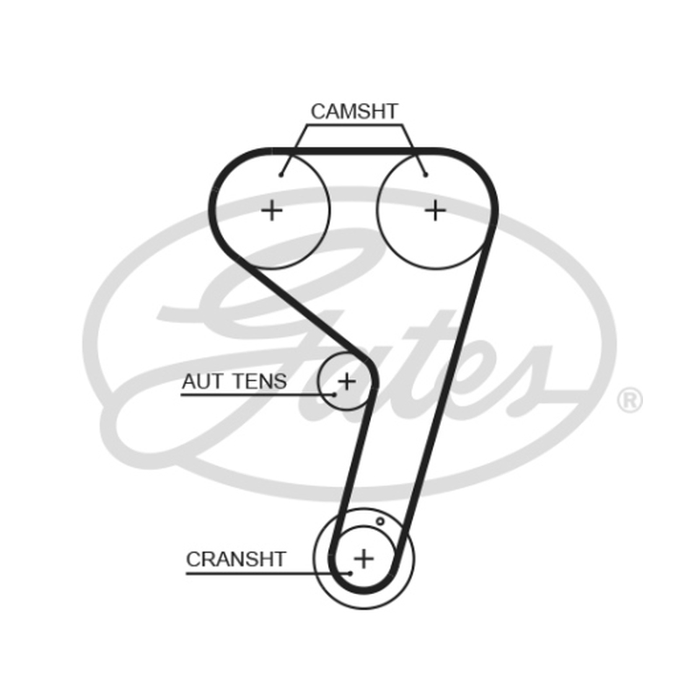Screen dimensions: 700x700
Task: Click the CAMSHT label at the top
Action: (x=354, y=111)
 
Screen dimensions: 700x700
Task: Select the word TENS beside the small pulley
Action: (x=260, y=381)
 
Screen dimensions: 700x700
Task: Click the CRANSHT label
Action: (x=235, y=559)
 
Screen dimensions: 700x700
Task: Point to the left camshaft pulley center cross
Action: (x=271, y=210)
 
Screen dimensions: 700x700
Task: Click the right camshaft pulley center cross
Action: (x=435, y=210)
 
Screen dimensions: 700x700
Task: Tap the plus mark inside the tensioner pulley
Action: (x=346, y=381)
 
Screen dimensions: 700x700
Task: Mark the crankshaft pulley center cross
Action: (x=364, y=558)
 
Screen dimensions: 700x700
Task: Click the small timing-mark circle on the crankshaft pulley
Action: (x=380, y=521)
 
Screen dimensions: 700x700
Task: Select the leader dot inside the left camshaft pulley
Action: (x=281, y=174)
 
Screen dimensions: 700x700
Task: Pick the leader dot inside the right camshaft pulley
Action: (x=426, y=174)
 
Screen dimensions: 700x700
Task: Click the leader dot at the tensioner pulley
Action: (x=334, y=395)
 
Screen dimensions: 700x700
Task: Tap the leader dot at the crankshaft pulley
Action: (x=351, y=573)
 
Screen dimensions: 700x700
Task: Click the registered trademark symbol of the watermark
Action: (x=629, y=400)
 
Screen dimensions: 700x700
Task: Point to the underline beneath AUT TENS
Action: (x=257, y=395)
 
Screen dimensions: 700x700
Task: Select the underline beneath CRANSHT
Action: (x=269, y=573)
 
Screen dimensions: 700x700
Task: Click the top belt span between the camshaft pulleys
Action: (x=355, y=151)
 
